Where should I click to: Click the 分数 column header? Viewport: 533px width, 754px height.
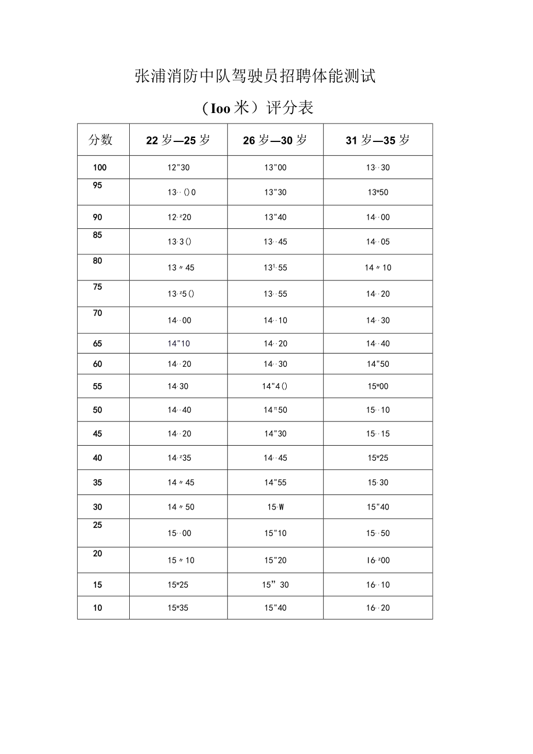pos(100,140)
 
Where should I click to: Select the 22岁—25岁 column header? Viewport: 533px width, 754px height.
pos(178,140)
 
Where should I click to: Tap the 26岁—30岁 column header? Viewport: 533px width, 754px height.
pos(275,140)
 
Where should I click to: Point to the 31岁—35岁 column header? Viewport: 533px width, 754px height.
pos(378,140)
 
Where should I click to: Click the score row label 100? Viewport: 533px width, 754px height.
pos(100,167)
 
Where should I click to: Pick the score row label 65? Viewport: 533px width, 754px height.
pos(97,344)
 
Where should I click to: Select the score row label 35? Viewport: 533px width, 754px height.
pos(97,482)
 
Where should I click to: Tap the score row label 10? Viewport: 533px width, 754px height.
pos(97,608)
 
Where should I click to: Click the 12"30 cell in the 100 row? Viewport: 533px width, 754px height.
pos(178,167)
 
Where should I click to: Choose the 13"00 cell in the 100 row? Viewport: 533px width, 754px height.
pos(275,167)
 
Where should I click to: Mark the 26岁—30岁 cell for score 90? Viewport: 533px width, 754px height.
pos(275,217)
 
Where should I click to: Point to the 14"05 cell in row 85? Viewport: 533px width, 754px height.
pos(378,242)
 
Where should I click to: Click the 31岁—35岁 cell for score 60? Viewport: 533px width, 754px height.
pos(378,364)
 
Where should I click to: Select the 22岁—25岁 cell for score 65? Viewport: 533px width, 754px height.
pos(178,344)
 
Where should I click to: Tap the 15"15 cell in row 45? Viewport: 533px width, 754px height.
pos(378,434)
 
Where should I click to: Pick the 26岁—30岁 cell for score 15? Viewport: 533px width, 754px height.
pos(275,585)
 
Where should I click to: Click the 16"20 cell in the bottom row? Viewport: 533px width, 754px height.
pos(378,608)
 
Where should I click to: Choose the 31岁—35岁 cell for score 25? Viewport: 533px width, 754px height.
pos(378,533)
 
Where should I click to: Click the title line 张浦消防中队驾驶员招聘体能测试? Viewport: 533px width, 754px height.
pos(255,76)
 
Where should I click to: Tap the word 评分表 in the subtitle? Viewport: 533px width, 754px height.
pos(290,108)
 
